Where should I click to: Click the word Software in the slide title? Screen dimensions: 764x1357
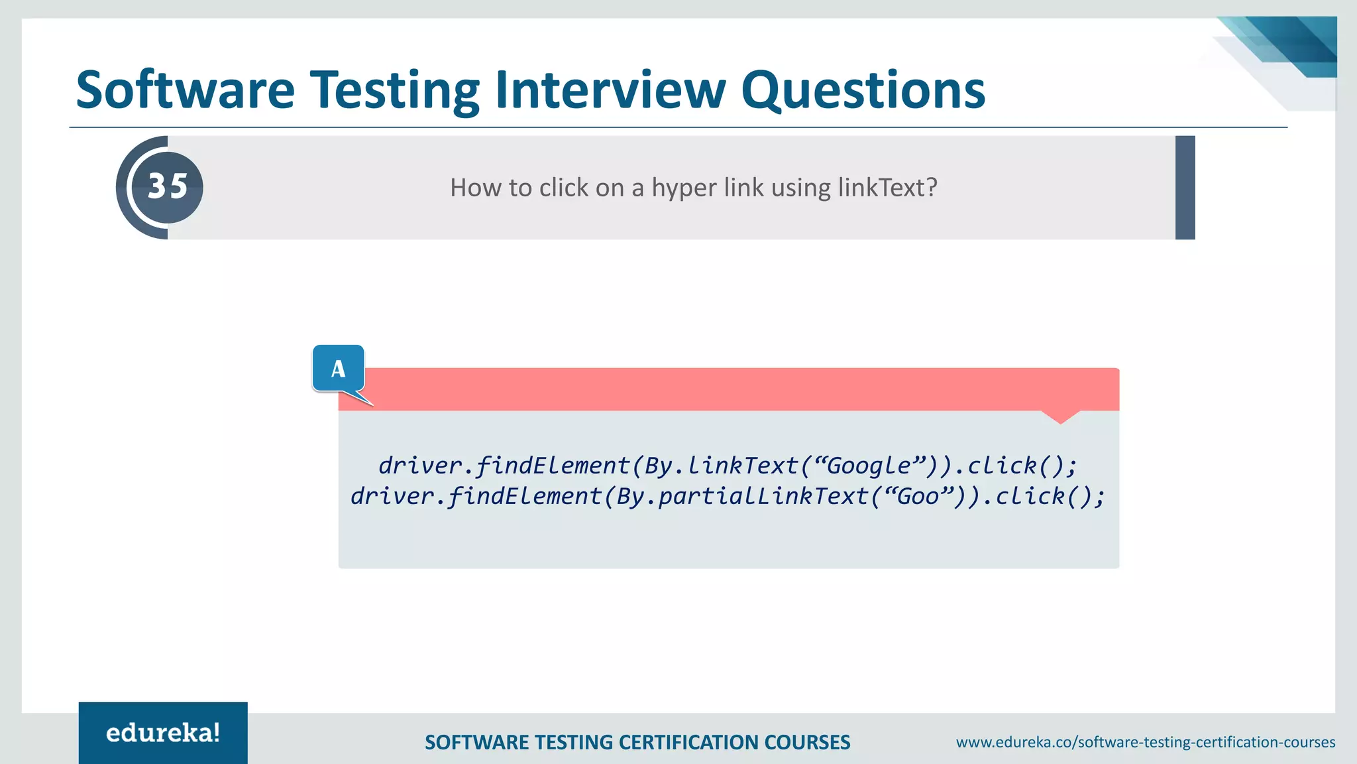pos(186,90)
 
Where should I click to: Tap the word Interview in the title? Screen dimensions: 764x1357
pos(610,90)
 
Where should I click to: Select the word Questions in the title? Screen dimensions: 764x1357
pos(863,90)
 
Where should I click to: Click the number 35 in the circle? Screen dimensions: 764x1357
pos(168,186)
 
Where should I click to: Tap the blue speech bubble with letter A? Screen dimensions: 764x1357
pos(339,369)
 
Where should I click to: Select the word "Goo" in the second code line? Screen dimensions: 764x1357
pos(918,496)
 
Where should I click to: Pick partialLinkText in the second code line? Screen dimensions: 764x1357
pos(763,496)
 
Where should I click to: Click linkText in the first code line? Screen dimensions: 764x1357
pos(743,466)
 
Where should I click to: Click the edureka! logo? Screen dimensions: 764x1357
pos(163,733)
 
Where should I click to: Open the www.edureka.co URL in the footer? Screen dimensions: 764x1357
pos(1145,742)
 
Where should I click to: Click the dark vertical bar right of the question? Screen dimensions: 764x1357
pos(1185,188)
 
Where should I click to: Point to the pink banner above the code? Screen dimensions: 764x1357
pos(729,389)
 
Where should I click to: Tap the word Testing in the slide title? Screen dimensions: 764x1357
pos(396,90)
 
